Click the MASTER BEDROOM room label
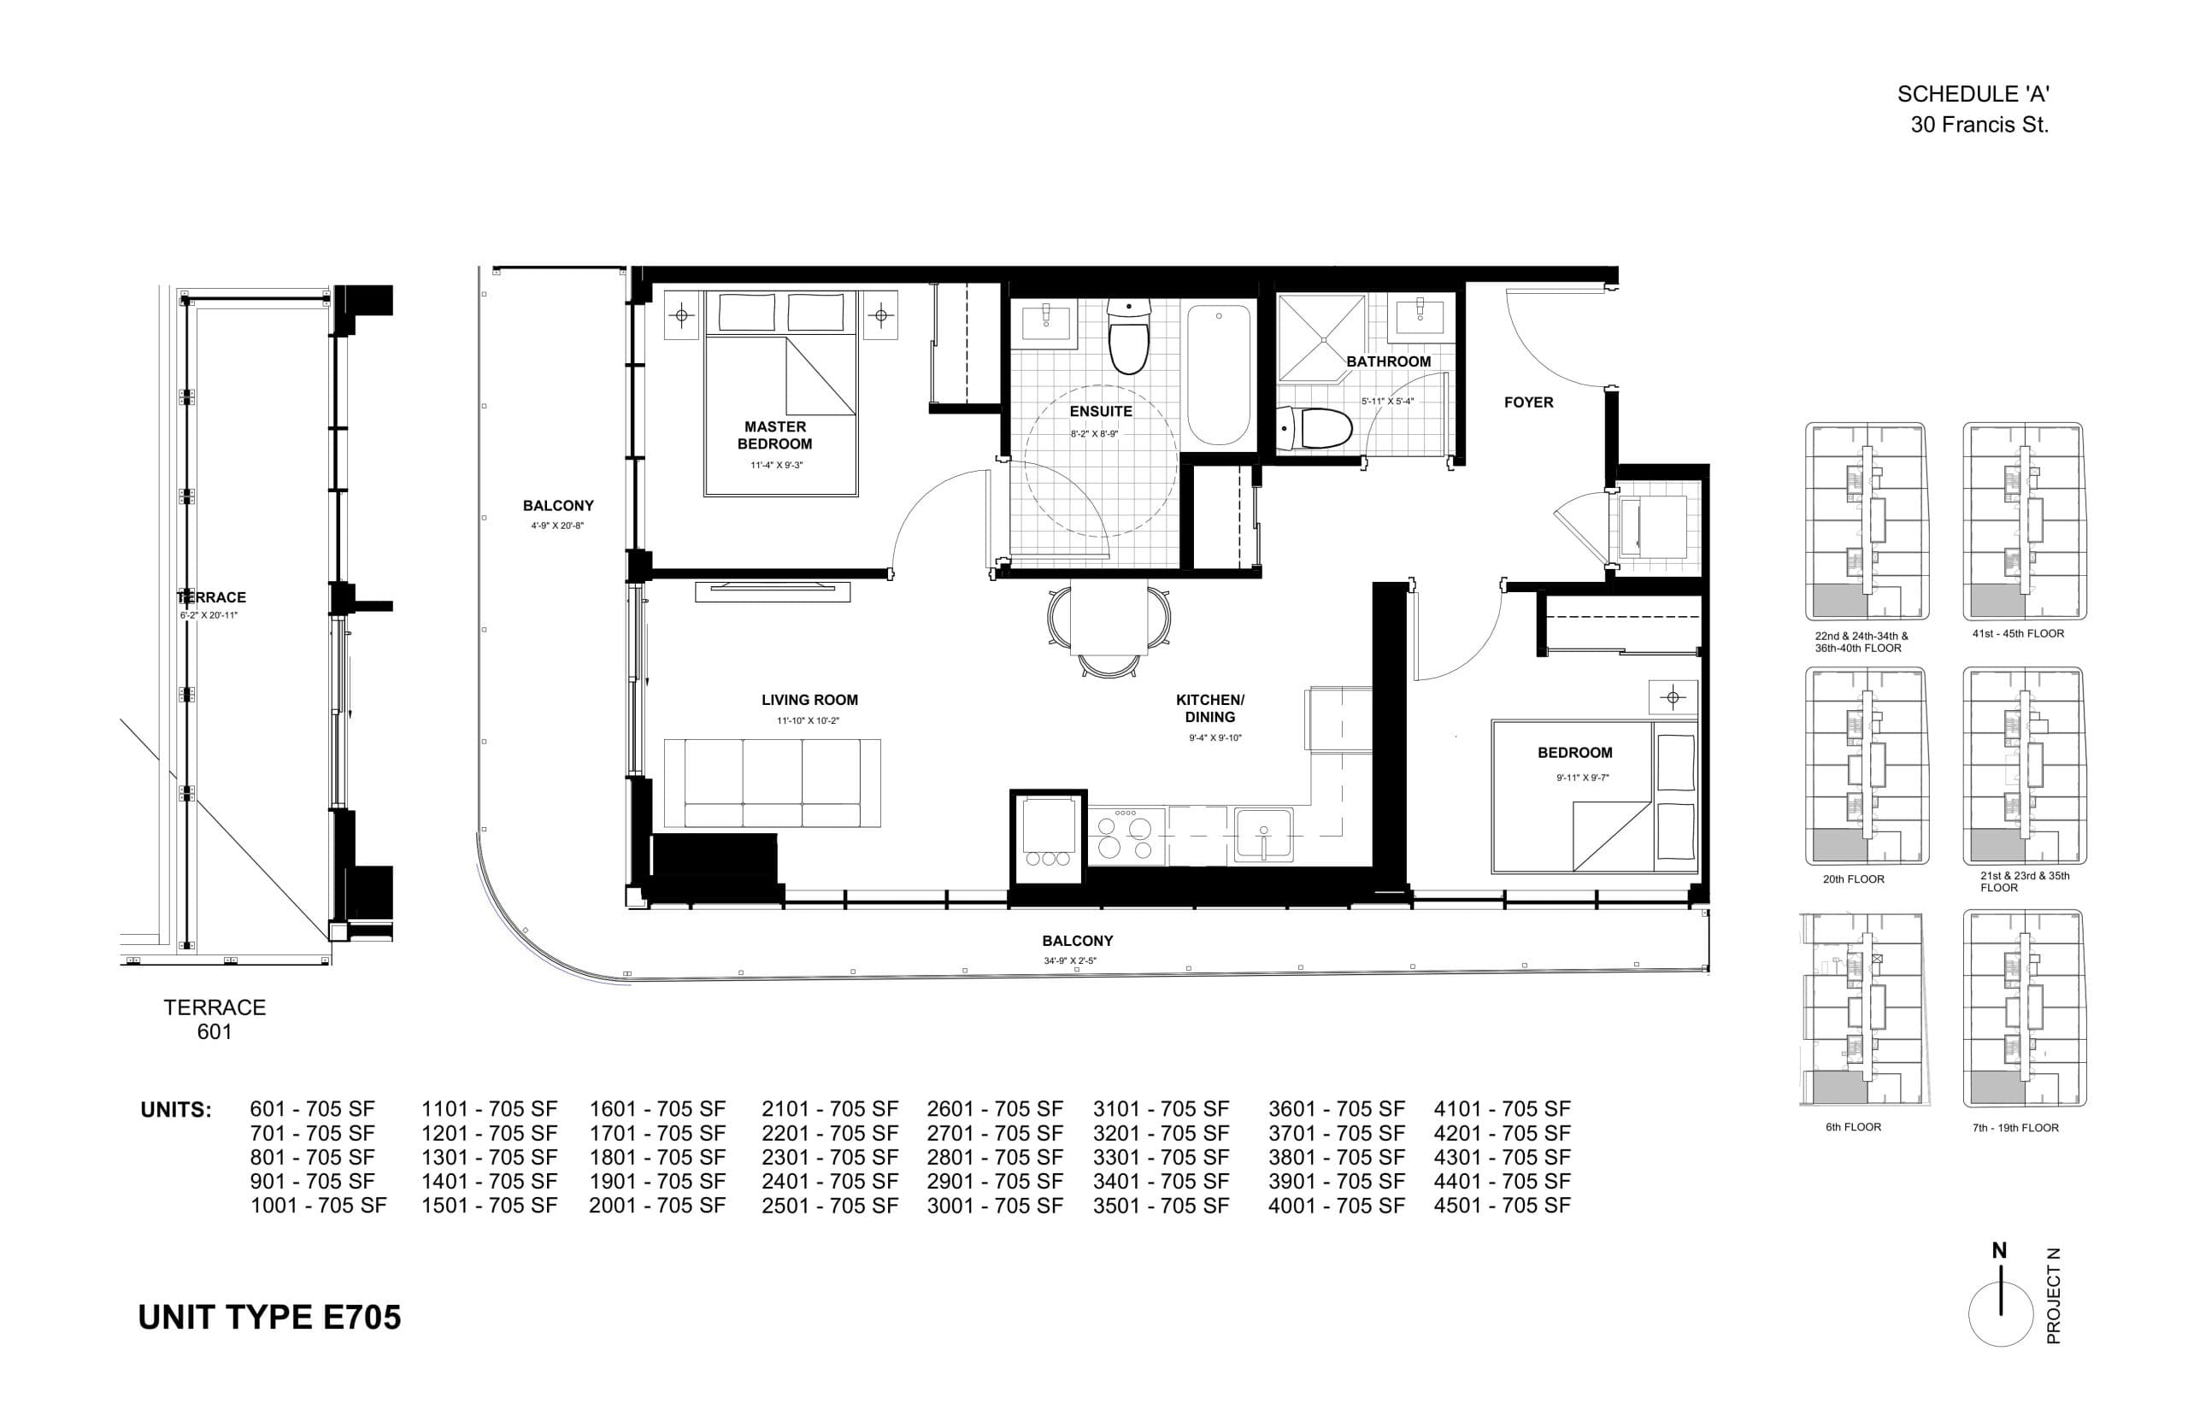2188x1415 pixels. point(774,435)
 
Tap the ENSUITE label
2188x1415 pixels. point(1100,412)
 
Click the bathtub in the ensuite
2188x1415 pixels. point(1219,375)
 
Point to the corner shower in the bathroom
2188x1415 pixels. point(1320,338)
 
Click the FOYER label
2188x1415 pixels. point(1528,402)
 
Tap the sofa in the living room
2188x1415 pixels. point(772,783)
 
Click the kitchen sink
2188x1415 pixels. point(1262,834)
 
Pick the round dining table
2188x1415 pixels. point(1109,620)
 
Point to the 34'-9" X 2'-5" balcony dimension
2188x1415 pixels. point(1071,961)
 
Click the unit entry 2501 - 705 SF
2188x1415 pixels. point(829,1206)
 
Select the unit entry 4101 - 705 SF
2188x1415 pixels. point(1502,1109)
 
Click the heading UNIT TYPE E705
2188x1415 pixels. point(269,1318)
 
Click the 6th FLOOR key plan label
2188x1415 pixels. point(1853,1126)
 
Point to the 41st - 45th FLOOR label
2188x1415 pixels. point(2017,633)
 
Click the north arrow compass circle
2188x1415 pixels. point(2000,1314)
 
